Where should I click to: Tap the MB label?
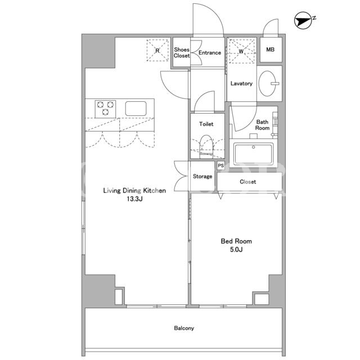pyautogui.click(x=270, y=49)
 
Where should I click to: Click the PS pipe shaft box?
pyautogui.click(x=220, y=165)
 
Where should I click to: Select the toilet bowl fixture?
pyautogui.click(x=206, y=146)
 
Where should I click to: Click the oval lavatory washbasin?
pyautogui.click(x=267, y=83)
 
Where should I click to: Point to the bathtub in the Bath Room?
pyautogui.click(x=254, y=153)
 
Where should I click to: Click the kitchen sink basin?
pyautogui.click(x=136, y=109)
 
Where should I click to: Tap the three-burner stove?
pyautogui.click(x=105, y=109)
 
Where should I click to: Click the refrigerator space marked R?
pyautogui.click(x=157, y=50)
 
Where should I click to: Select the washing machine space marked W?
pyautogui.click(x=242, y=51)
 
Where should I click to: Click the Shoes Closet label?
pyautogui.click(x=182, y=52)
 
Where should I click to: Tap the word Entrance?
pyautogui.click(x=210, y=52)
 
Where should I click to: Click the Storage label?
pyautogui.click(x=202, y=176)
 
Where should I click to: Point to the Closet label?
pyautogui.click(x=247, y=182)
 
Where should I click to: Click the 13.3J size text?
pyautogui.click(x=135, y=199)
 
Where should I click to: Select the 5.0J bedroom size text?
pyautogui.click(x=236, y=250)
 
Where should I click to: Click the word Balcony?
pyautogui.click(x=184, y=328)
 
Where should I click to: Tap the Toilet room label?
pyautogui.click(x=206, y=124)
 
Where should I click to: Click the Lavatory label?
pyautogui.click(x=241, y=83)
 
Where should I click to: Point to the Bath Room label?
pyautogui.click(x=263, y=125)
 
